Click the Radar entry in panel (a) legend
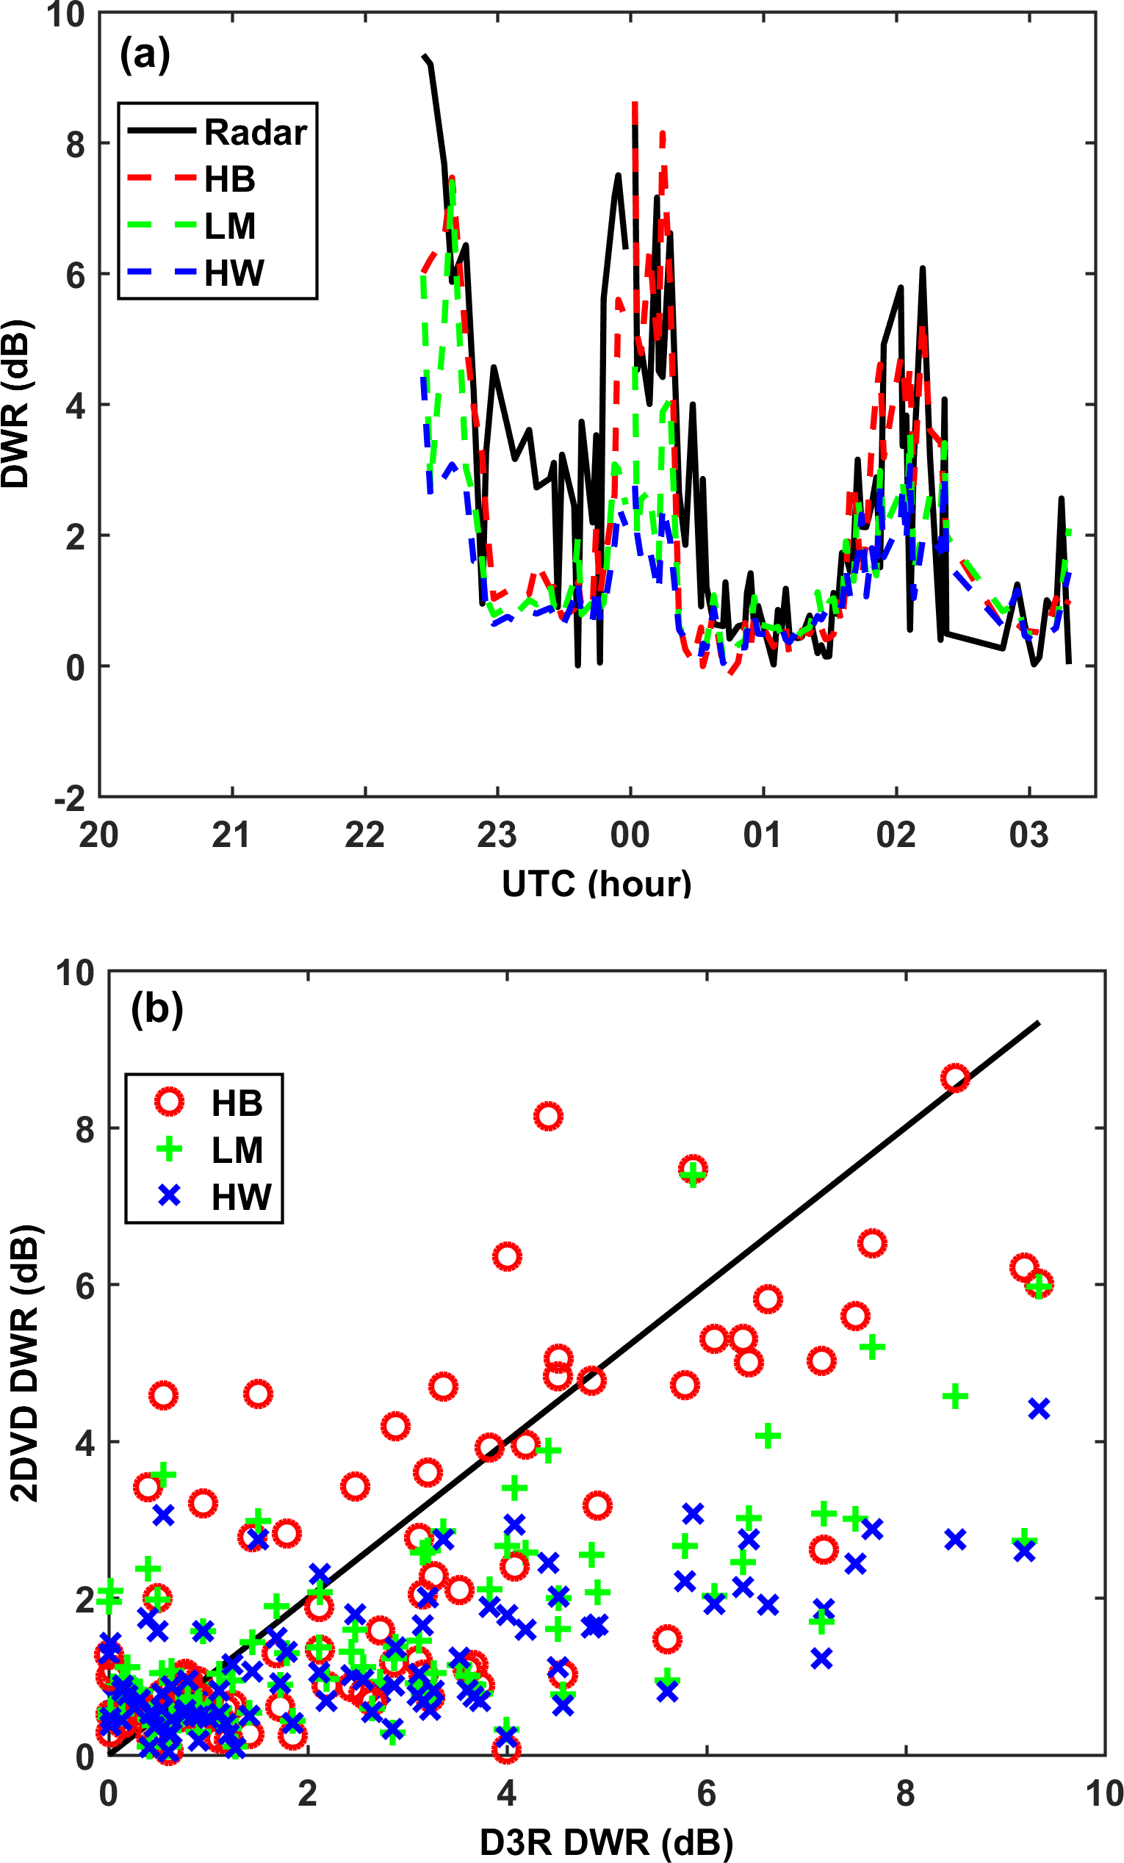(255, 132)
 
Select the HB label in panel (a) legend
(230, 180)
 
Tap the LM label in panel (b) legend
(237, 1150)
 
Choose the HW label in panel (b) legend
(240, 1197)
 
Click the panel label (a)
(145, 54)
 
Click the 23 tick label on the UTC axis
(497, 835)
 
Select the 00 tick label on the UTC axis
(630, 835)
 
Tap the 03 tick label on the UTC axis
(1028, 835)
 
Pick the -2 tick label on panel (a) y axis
(70, 799)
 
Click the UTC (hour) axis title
(597, 884)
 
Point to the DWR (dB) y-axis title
(17, 406)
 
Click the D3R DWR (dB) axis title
(606, 1842)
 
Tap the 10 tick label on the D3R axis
(1103, 1793)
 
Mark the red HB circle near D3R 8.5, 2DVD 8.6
(956, 1078)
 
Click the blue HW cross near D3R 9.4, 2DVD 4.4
(1040, 1408)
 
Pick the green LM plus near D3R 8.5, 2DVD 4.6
(956, 1396)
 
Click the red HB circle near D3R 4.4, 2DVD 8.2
(548, 1116)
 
